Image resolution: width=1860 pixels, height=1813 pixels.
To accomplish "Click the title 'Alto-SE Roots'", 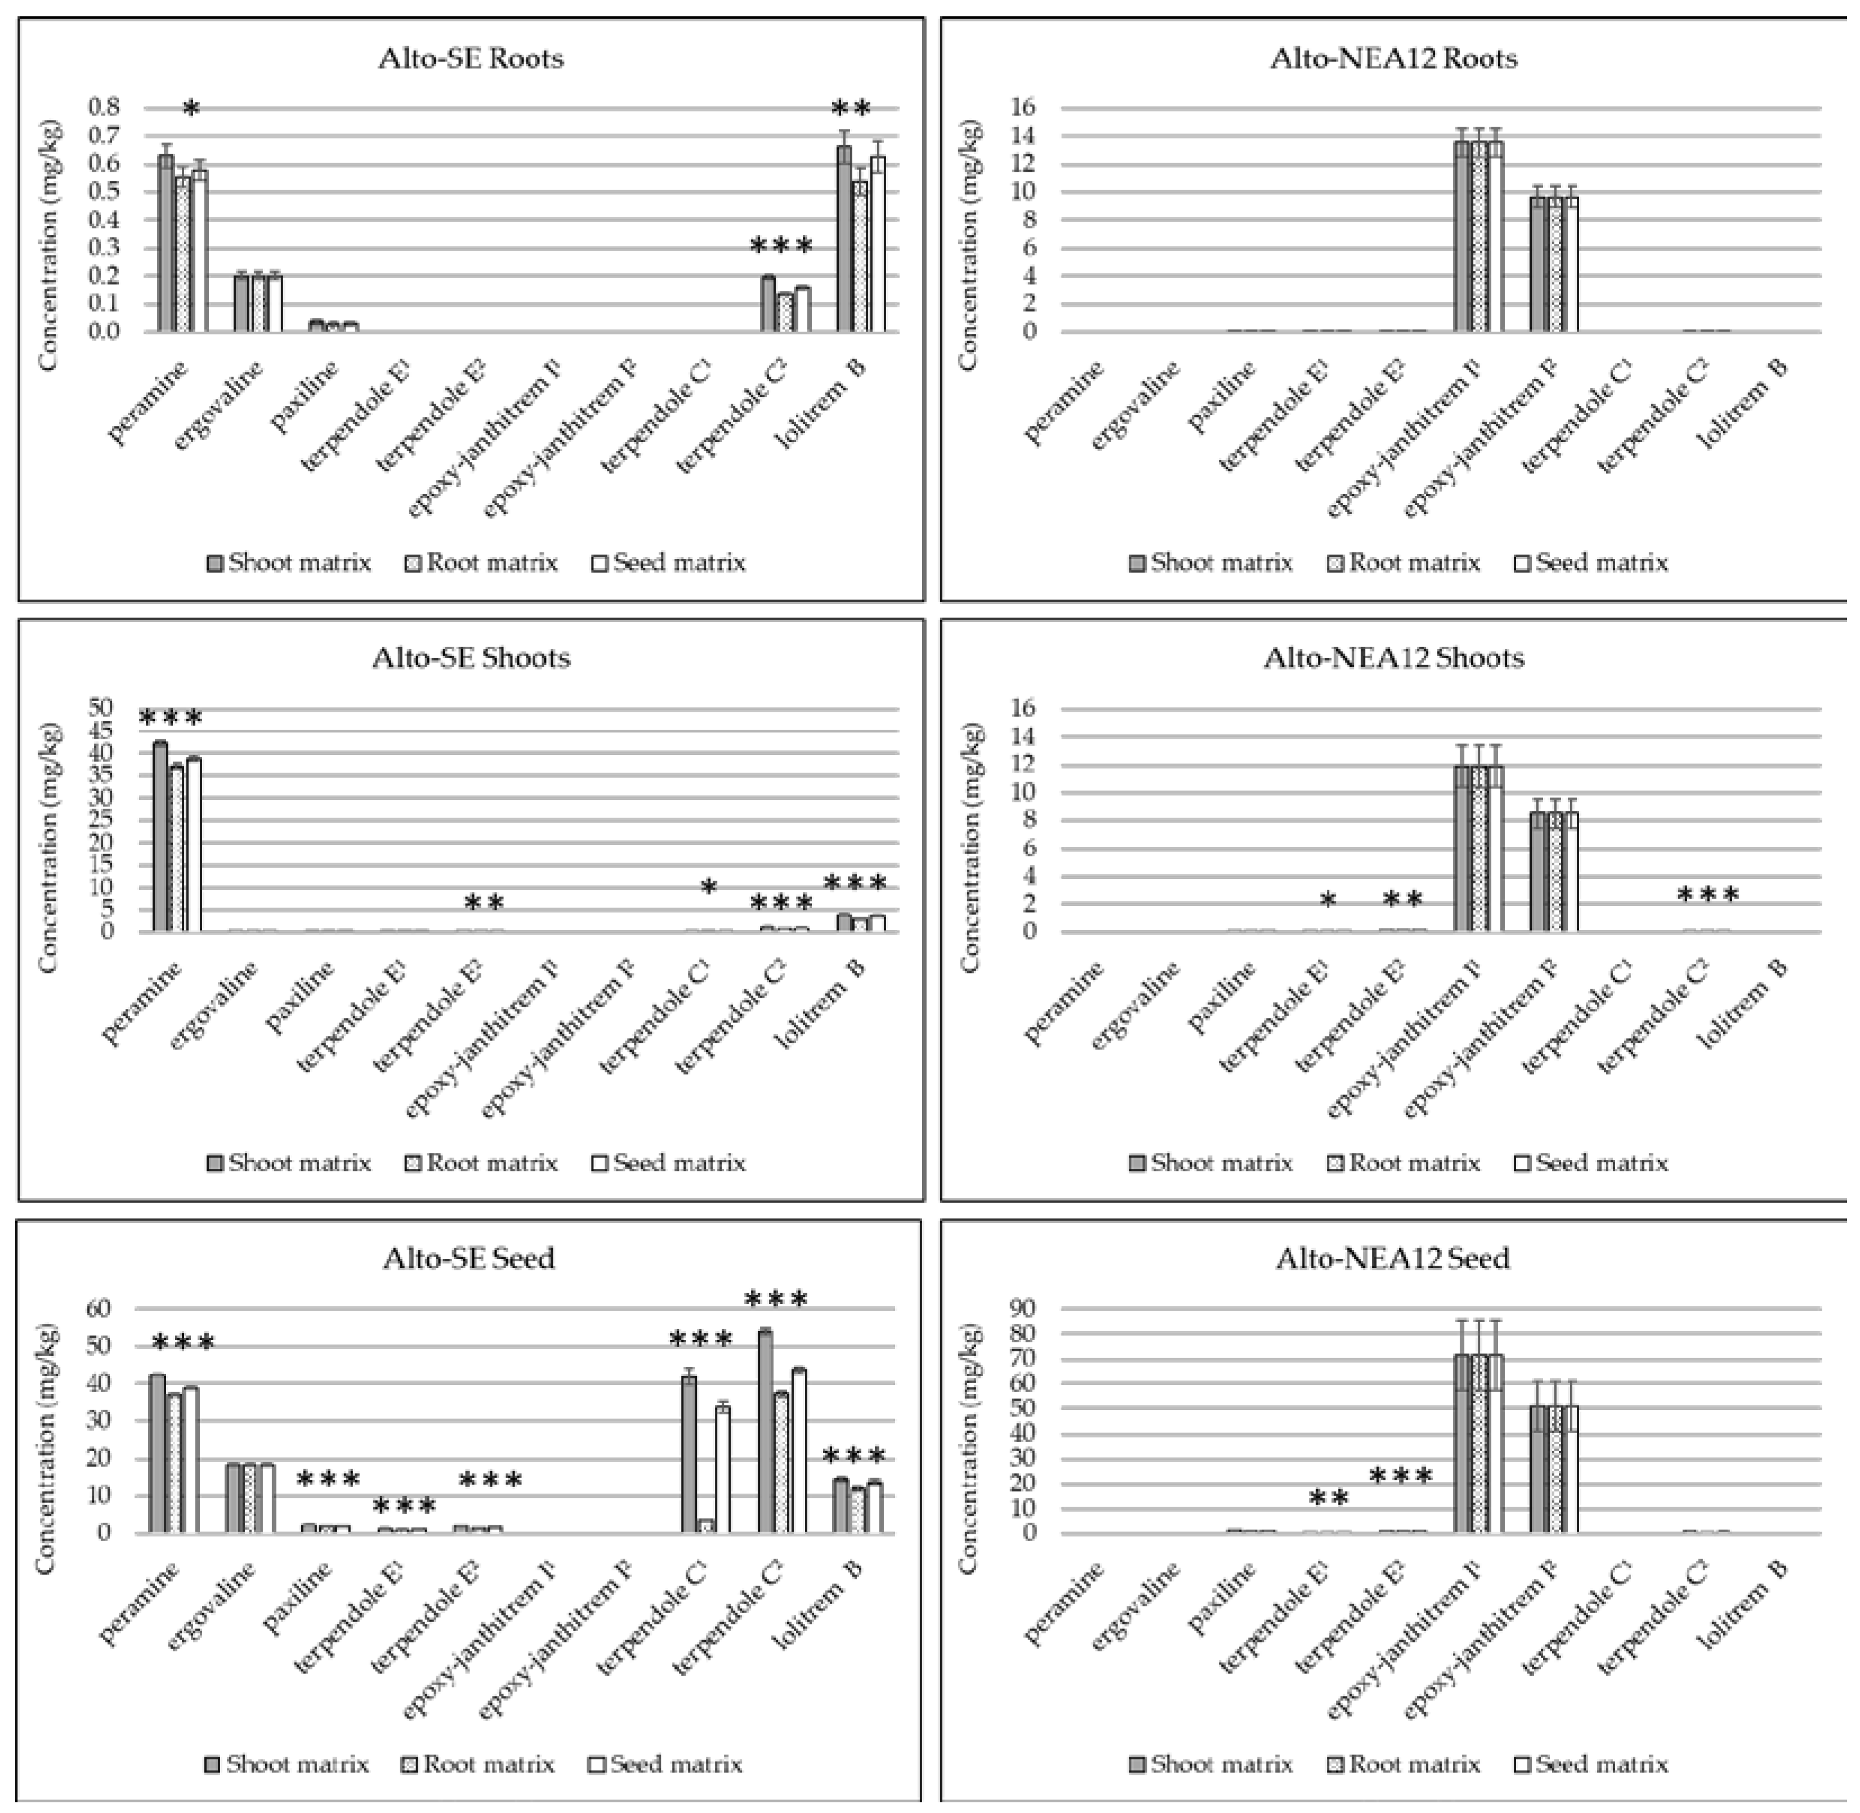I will click(470, 59).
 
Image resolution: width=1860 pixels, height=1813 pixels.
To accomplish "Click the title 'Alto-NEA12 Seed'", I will click(1393, 1259).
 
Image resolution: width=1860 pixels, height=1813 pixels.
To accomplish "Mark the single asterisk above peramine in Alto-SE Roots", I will click(191, 109).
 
